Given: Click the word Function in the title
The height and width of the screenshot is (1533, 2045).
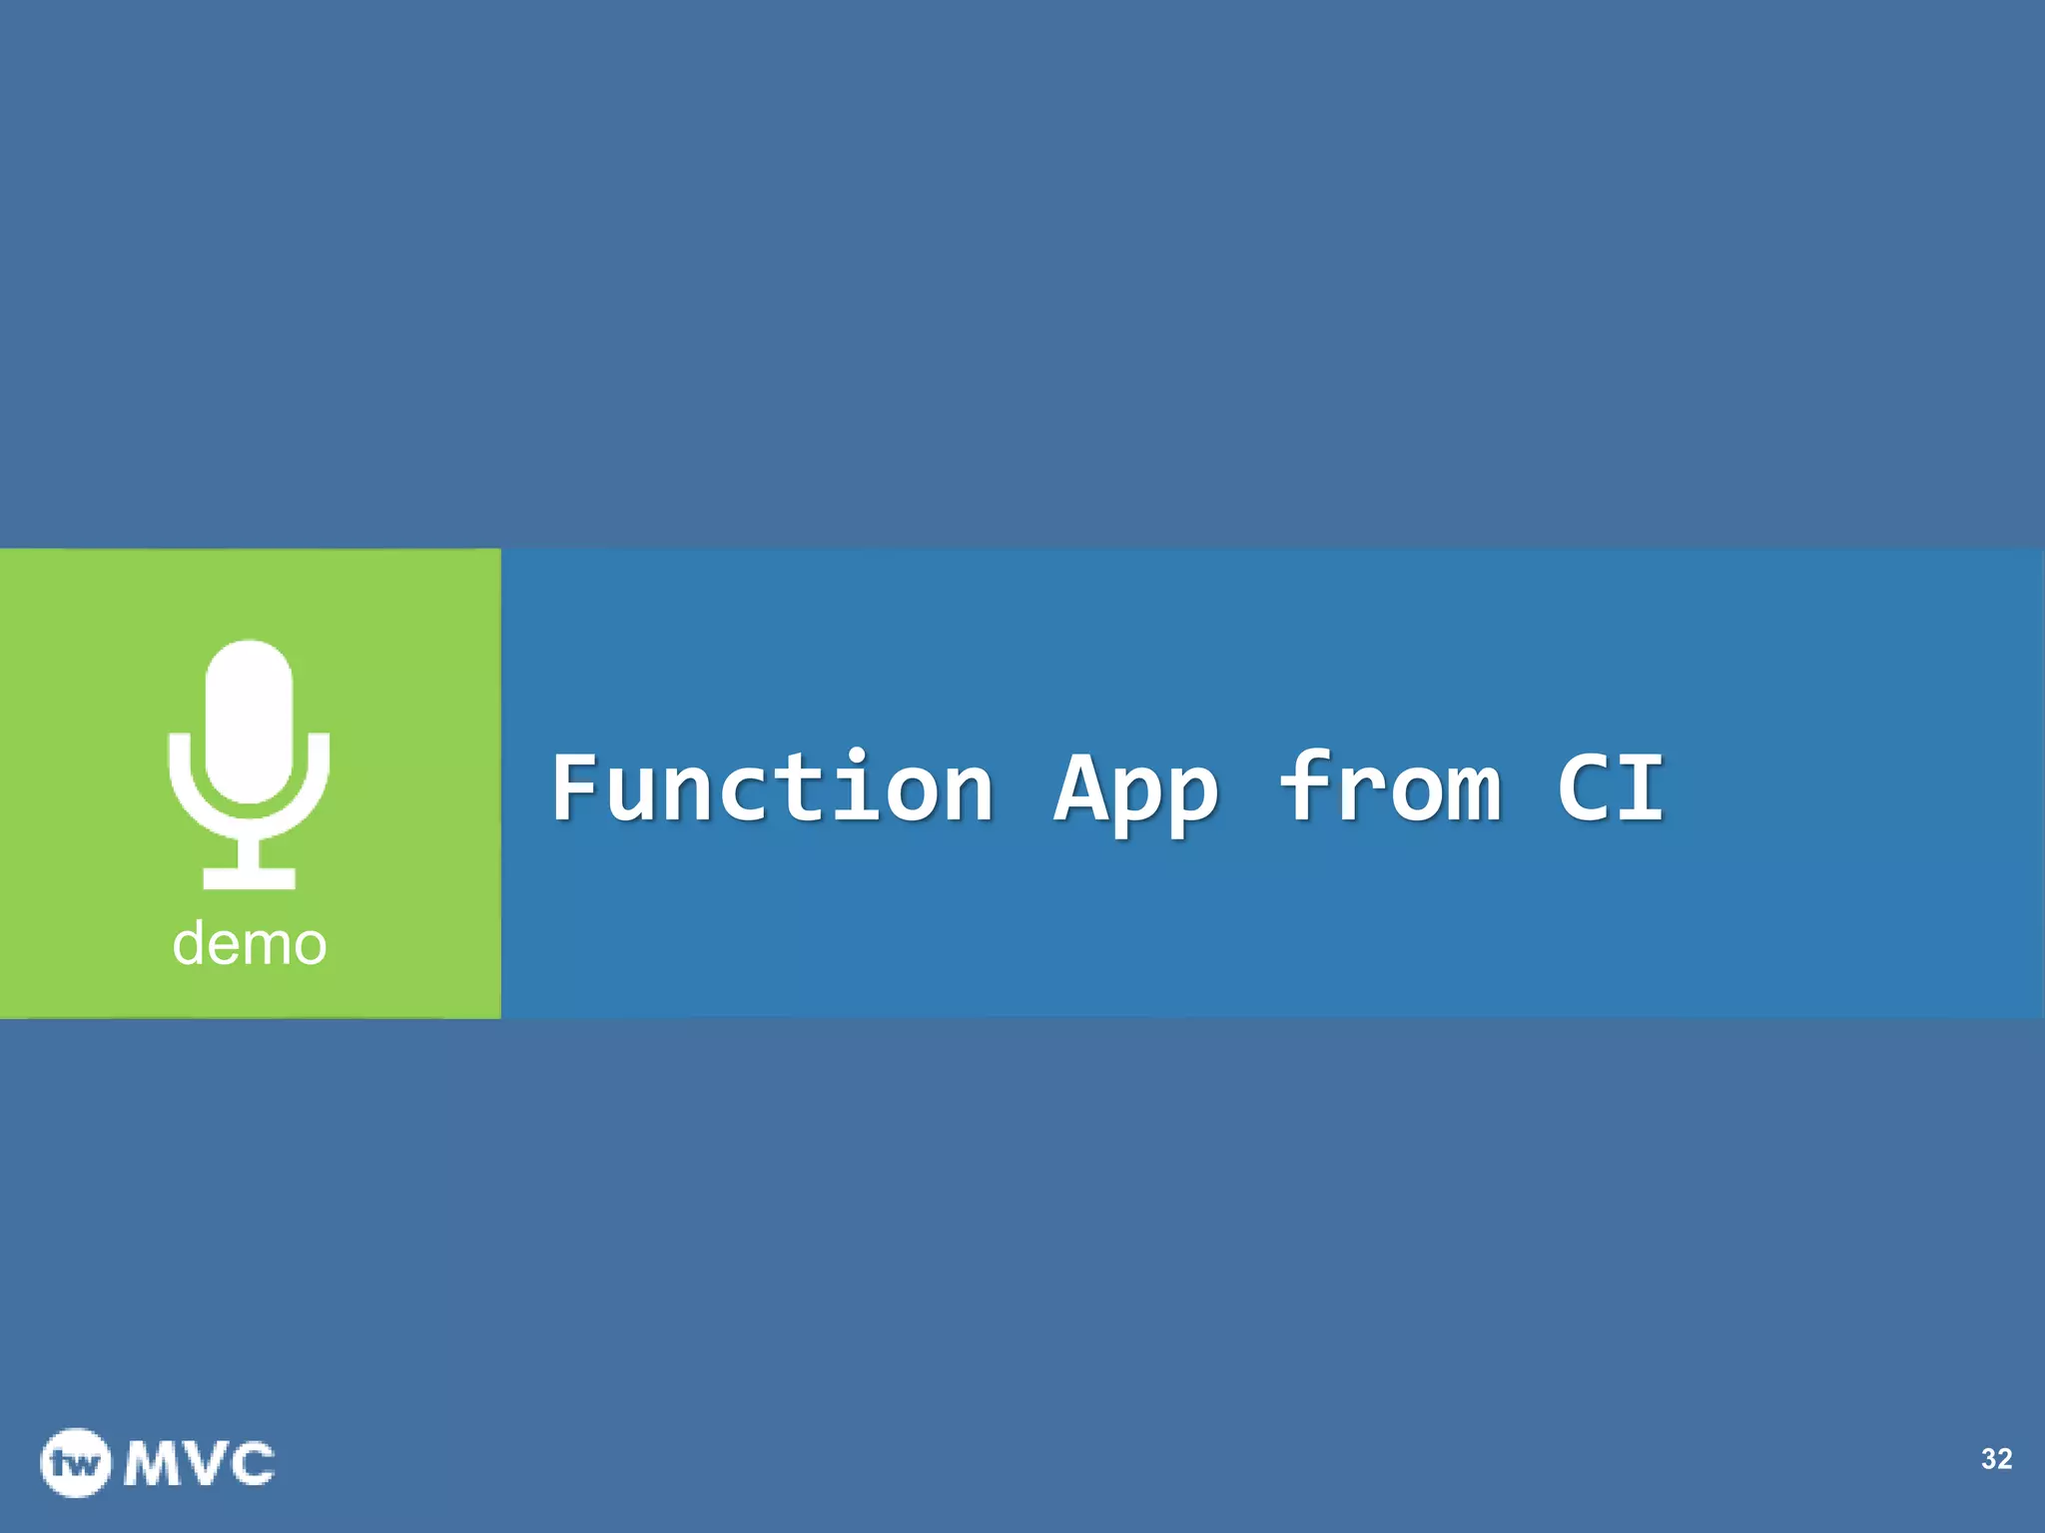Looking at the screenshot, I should [x=772, y=788].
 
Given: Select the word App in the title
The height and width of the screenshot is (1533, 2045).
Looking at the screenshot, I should [x=1136, y=790].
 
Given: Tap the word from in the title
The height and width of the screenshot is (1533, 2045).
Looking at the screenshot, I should [x=1390, y=788].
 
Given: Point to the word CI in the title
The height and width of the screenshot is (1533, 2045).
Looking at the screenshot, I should [x=1611, y=788].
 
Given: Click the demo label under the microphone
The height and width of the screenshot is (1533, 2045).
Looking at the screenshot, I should [x=250, y=943].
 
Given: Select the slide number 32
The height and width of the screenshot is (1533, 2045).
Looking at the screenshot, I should [x=1996, y=1459].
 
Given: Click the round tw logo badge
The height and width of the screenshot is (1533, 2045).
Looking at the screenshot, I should [x=75, y=1463].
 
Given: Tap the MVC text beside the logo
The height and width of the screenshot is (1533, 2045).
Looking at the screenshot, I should [x=200, y=1464].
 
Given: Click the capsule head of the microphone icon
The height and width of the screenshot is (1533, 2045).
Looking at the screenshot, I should [x=249, y=719].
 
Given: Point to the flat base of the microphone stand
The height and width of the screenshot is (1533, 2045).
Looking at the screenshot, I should [x=249, y=878].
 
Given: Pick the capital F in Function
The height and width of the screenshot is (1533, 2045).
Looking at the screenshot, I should [x=577, y=788].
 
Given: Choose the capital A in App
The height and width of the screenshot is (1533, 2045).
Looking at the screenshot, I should [x=1081, y=788].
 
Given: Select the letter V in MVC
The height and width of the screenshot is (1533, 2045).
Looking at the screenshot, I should [x=203, y=1464].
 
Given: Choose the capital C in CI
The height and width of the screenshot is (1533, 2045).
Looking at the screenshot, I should [x=1584, y=788].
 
